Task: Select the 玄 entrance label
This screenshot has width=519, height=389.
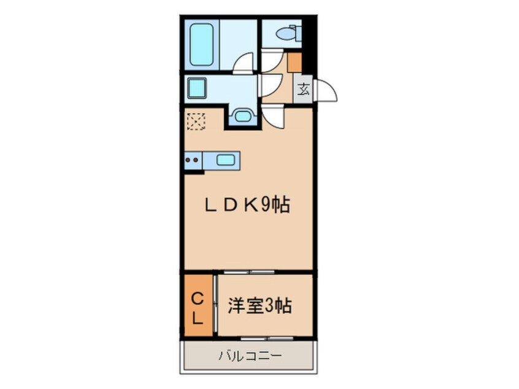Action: pyautogui.click(x=304, y=90)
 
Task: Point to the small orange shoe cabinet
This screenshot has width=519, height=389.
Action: pyautogui.click(x=294, y=62)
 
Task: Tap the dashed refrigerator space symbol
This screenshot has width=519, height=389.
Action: pyautogui.click(x=196, y=121)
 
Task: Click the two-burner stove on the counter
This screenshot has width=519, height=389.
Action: pyautogui.click(x=193, y=162)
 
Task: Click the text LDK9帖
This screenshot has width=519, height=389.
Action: pyautogui.click(x=247, y=206)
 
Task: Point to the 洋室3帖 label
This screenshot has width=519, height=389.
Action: pyautogui.click(x=260, y=305)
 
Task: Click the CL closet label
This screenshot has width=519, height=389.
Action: pyautogui.click(x=198, y=308)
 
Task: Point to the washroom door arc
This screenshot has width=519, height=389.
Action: pyautogui.click(x=270, y=83)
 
